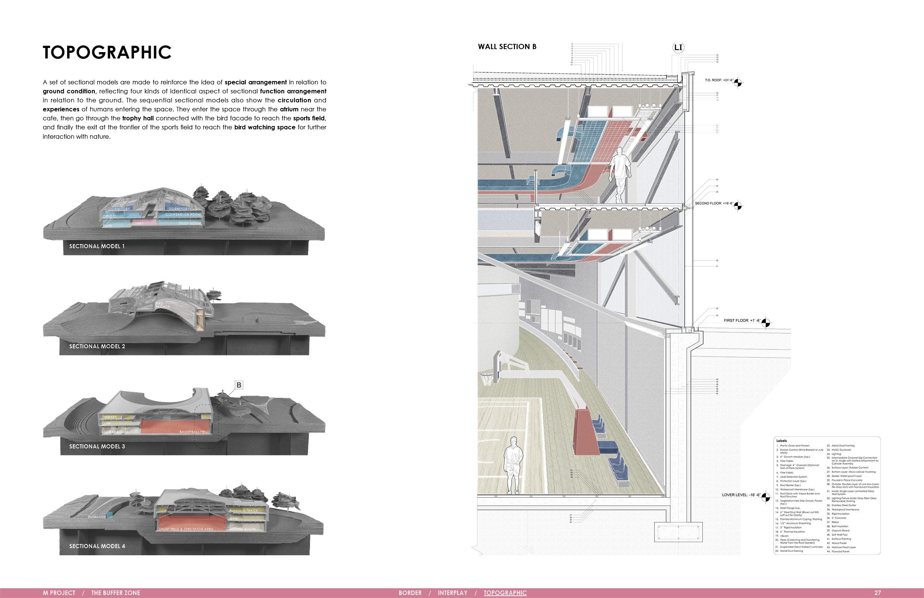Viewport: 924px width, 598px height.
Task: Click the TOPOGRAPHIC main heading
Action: [x=107, y=52]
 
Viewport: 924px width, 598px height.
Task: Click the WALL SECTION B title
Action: [x=507, y=46]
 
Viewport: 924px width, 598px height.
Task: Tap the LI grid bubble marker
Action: [x=678, y=48]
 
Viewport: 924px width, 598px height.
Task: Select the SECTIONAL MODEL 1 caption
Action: [x=97, y=246]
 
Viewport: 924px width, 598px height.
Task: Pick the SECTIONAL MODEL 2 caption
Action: [x=97, y=346]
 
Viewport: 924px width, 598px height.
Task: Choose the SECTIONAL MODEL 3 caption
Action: [x=97, y=447]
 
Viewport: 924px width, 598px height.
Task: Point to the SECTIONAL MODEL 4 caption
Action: [x=97, y=546]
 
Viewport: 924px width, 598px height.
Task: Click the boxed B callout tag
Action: [x=239, y=385]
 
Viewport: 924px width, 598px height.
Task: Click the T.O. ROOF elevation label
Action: [x=719, y=80]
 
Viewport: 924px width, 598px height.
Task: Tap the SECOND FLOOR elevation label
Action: [x=714, y=204]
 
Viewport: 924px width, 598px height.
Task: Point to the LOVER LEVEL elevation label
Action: [x=741, y=495]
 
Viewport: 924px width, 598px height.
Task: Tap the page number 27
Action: [x=878, y=593]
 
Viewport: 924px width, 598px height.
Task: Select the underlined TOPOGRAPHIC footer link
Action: [x=505, y=593]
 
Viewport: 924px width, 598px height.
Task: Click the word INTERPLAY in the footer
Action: [x=452, y=593]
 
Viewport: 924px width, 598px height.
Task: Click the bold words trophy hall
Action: [x=138, y=118]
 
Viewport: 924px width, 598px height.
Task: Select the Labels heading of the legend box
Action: [x=781, y=441]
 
